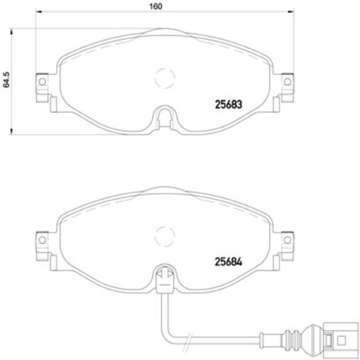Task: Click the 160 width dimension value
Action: pyautogui.click(x=156, y=6)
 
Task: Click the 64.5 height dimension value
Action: pyautogui.click(x=6, y=79)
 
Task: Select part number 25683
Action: pyautogui.click(x=228, y=104)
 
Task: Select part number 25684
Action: pyautogui.click(x=228, y=261)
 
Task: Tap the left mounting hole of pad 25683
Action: pyautogui.click(x=42, y=81)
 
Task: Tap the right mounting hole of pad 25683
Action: pyautogui.click(x=287, y=81)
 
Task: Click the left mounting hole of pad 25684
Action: pyautogui.click(x=42, y=240)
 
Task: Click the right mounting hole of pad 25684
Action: pyautogui.click(x=287, y=240)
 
